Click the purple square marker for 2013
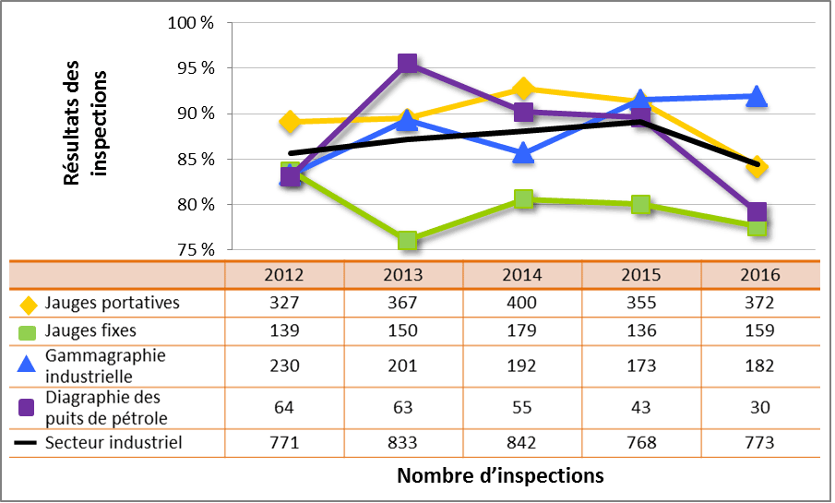click(407, 64)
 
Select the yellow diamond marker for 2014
click(523, 89)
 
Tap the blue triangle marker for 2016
click(757, 96)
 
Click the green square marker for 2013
click(407, 241)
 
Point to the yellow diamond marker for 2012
click(291, 122)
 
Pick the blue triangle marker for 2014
click(523, 153)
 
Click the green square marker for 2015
click(640, 204)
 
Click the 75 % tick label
click(195, 250)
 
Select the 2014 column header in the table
click(522, 275)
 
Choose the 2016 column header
click(759, 275)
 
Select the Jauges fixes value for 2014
click(522, 330)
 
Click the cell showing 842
click(522, 443)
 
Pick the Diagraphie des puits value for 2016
click(759, 407)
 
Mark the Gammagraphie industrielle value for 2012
click(284, 365)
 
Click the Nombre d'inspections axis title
click(500, 476)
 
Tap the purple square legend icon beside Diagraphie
click(26, 407)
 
